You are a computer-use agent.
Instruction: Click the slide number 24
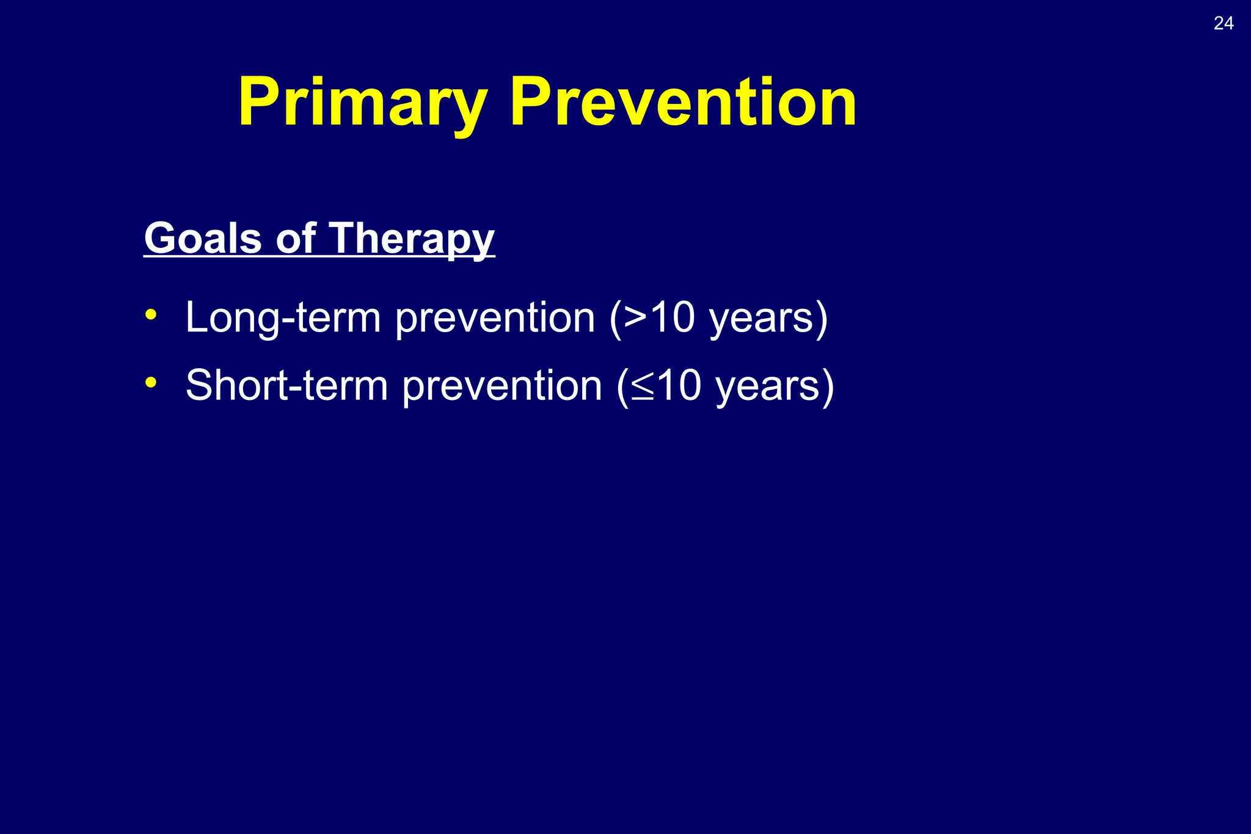point(1223,23)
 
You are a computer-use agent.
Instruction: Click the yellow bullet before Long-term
point(151,316)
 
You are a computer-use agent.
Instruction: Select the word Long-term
point(283,318)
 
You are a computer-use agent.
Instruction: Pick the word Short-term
point(286,386)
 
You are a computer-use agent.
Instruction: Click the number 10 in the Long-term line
point(672,318)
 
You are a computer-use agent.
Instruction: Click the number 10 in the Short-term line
point(679,386)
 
